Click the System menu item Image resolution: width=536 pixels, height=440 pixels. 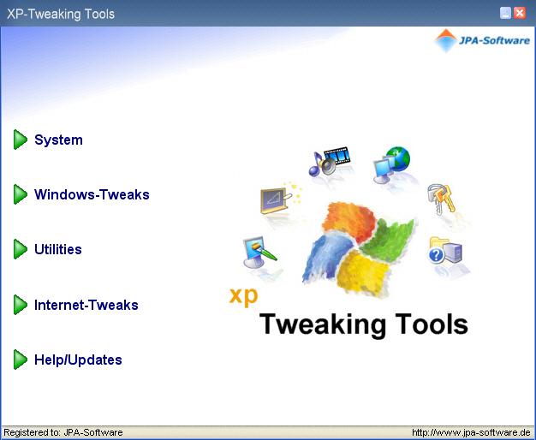(58, 140)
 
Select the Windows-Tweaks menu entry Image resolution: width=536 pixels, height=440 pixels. (92, 194)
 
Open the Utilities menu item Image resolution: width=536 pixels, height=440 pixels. (58, 249)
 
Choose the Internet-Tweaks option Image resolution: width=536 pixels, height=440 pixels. (86, 305)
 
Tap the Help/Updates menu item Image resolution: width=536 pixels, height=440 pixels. (78, 360)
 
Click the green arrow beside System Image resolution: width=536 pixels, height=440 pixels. (21, 140)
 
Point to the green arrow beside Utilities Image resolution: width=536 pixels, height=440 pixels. (21, 249)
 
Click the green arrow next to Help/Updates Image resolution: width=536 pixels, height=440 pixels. (21, 360)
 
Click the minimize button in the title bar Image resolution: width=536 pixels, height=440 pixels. (505, 14)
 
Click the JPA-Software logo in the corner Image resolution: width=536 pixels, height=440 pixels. (482, 40)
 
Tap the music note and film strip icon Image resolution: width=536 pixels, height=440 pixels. (329, 161)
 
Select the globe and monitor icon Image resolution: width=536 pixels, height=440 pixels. (391, 164)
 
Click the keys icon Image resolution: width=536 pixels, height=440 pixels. (441, 199)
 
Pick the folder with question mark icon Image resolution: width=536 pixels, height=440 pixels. (445, 251)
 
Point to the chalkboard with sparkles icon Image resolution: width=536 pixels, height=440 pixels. (280, 199)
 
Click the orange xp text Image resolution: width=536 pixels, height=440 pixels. (243, 296)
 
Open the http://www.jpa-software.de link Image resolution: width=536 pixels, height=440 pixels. (471, 432)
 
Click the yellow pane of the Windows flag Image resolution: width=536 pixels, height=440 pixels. (363, 272)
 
